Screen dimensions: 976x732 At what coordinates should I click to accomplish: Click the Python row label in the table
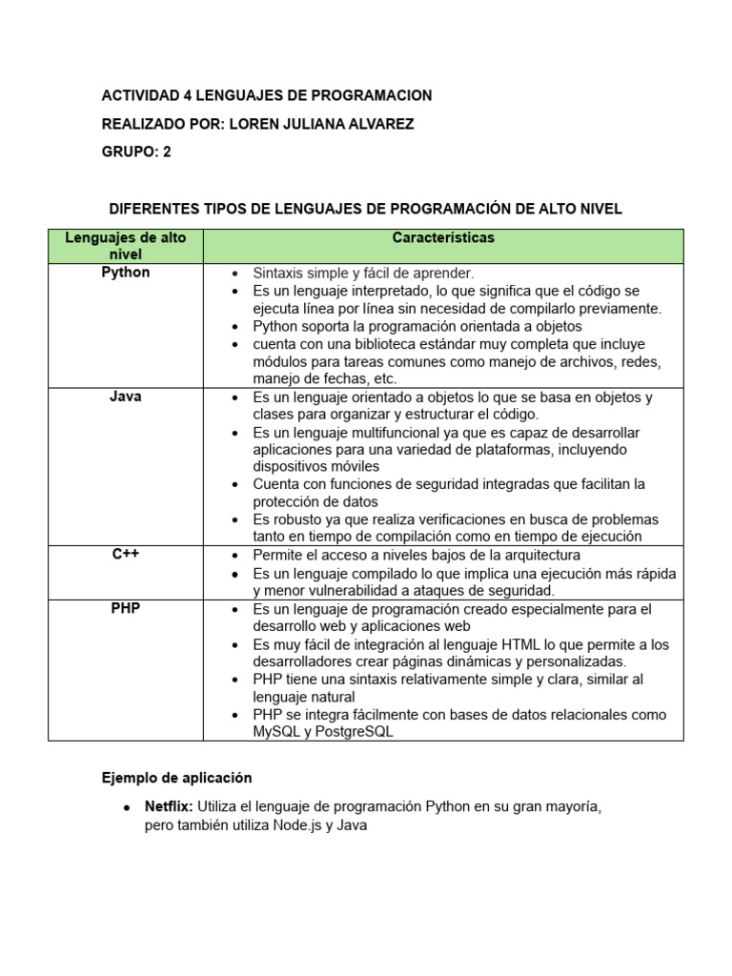pyautogui.click(x=125, y=273)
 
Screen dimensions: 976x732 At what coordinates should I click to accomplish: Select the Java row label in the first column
pyautogui.click(x=125, y=396)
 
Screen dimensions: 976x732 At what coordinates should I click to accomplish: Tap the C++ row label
pyautogui.click(x=125, y=555)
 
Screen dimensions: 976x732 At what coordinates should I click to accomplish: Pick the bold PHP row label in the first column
pyautogui.click(x=125, y=608)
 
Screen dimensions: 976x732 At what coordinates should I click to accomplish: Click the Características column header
pyautogui.click(x=442, y=238)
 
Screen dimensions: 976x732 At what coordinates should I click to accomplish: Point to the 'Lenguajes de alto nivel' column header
pyautogui.click(x=125, y=246)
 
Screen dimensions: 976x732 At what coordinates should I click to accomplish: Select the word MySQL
pyautogui.click(x=276, y=732)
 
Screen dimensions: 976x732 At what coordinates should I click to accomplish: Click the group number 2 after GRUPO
pyautogui.click(x=167, y=152)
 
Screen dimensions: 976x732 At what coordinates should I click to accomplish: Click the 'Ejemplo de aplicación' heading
pyautogui.click(x=177, y=778)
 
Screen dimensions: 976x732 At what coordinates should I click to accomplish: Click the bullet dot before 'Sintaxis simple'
pyautogui.click(x=234, y=274)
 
